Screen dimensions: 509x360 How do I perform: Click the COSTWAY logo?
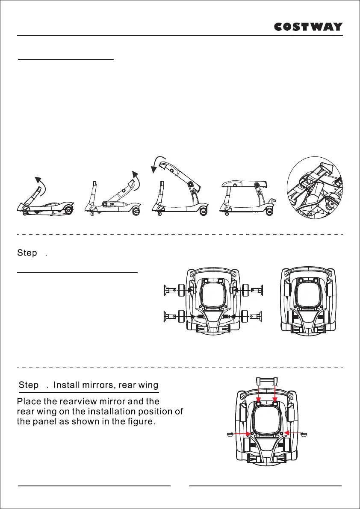[308, 26]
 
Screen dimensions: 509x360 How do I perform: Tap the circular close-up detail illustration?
[315, 188]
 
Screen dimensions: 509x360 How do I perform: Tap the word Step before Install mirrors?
[29, 385]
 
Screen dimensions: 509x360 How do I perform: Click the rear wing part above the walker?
[266, 381]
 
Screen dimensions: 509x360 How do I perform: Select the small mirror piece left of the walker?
[229, 434]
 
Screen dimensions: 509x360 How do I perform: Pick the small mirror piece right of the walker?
[304, 434]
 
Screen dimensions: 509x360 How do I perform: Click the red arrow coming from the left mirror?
[242, 434]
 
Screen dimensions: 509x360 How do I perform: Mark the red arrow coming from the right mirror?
[292, 433]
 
